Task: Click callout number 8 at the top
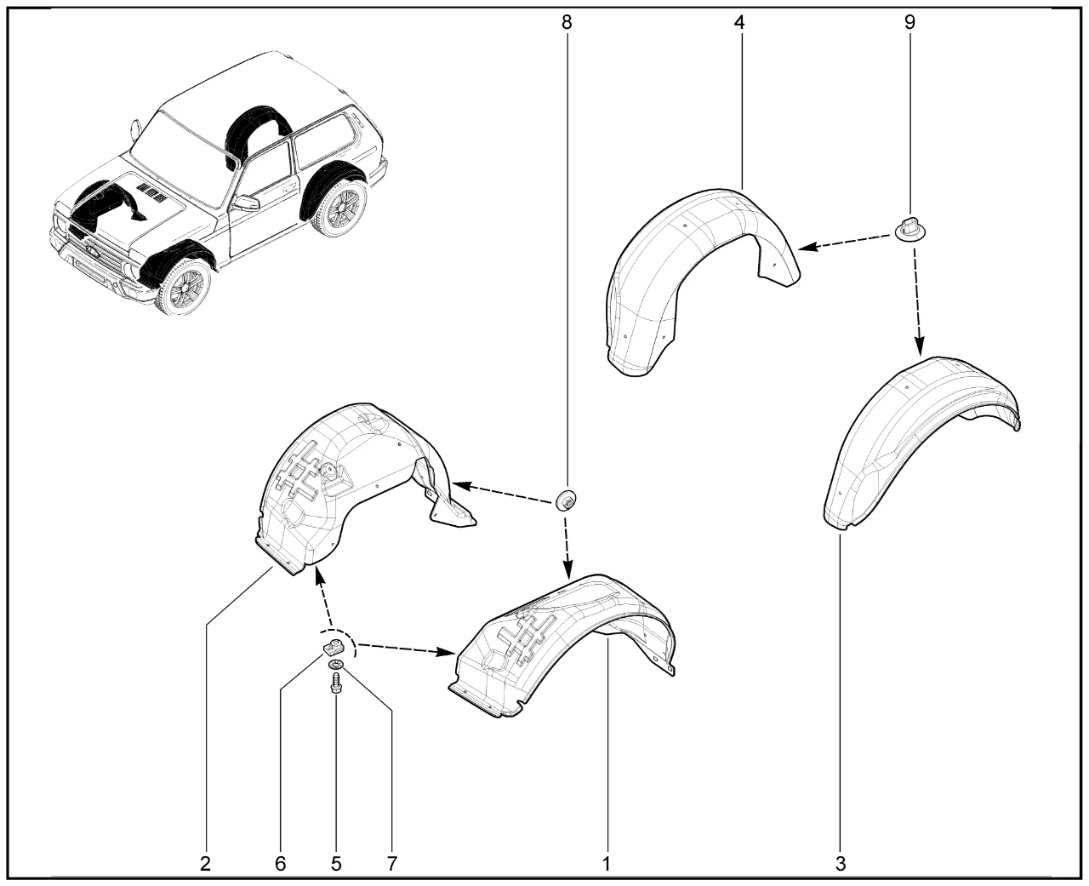click(567, 22)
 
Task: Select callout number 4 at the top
click(739, 22)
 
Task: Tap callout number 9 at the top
click(909, 22)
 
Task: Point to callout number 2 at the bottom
click(206, 864)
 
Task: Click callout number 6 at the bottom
click(280, 864)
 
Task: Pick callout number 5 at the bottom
click(336, 864)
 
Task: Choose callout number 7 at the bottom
click(391, 864)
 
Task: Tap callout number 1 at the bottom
click(607, 864)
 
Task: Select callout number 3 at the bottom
click(841, 864)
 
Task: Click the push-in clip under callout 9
click(911, 230)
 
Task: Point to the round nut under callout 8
click(566, 500)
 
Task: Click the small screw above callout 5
click(336, 683)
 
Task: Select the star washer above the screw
click(336, 664)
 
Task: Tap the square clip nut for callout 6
click(334, 649)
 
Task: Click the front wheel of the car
click(184, 288)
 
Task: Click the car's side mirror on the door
click(247, 203)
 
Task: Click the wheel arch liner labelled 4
click(703, 283)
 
